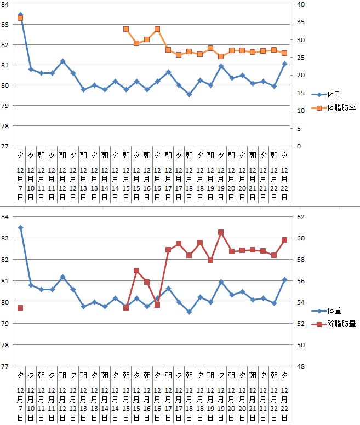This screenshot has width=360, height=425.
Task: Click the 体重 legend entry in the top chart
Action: tap(332, 94)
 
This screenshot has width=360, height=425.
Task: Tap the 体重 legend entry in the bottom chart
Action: tap(332, 311)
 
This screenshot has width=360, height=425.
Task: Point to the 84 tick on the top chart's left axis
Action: tap(4, 5)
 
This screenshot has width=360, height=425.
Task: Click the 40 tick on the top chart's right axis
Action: tap(300, 5)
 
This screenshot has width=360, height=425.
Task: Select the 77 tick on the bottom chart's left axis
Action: tap(4, 366)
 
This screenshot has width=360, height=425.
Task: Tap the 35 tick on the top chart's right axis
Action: tap(300, 22)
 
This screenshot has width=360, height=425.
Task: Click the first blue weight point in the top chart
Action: tap(20, 15)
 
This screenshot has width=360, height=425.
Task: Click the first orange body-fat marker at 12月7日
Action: tap(20, 19)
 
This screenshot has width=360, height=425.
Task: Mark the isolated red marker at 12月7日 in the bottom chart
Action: tap(20, 308)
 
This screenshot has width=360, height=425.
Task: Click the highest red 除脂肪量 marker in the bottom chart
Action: tap(221, 232)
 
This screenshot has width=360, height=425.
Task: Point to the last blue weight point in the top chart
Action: tap(284, 64)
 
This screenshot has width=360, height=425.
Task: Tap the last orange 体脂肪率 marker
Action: tap(284, 53)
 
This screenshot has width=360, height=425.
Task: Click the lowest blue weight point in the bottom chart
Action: tap(189, 312)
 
